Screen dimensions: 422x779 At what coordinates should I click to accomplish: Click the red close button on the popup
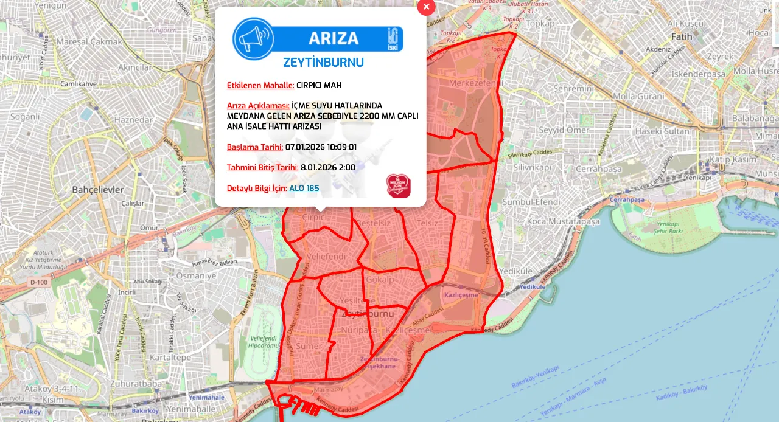(426, 7)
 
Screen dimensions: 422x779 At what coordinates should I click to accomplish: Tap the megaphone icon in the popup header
(253, 38)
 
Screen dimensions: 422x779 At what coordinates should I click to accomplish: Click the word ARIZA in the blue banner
(334, 38)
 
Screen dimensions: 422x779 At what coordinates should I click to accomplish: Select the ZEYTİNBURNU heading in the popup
(323, 63)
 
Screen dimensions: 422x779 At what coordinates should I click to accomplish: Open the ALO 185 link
(304, 189)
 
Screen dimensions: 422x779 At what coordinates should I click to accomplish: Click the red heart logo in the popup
(398, 185)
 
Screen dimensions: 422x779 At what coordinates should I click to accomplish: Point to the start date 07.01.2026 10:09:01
(321, 147)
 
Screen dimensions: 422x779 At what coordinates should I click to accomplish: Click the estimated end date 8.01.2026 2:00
(328, 168)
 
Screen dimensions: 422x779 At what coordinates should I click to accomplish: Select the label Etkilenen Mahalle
(260, 85)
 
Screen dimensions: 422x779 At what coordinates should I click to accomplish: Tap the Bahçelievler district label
(97, 189)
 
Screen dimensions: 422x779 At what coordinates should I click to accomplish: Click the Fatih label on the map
(682, 36)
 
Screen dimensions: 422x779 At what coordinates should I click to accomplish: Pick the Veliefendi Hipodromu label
(264, 341)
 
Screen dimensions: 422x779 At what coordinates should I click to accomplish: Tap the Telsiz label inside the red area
(427, 223)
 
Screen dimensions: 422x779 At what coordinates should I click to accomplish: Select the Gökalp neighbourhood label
(381, 280)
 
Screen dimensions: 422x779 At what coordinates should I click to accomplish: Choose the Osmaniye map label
(196, 275)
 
